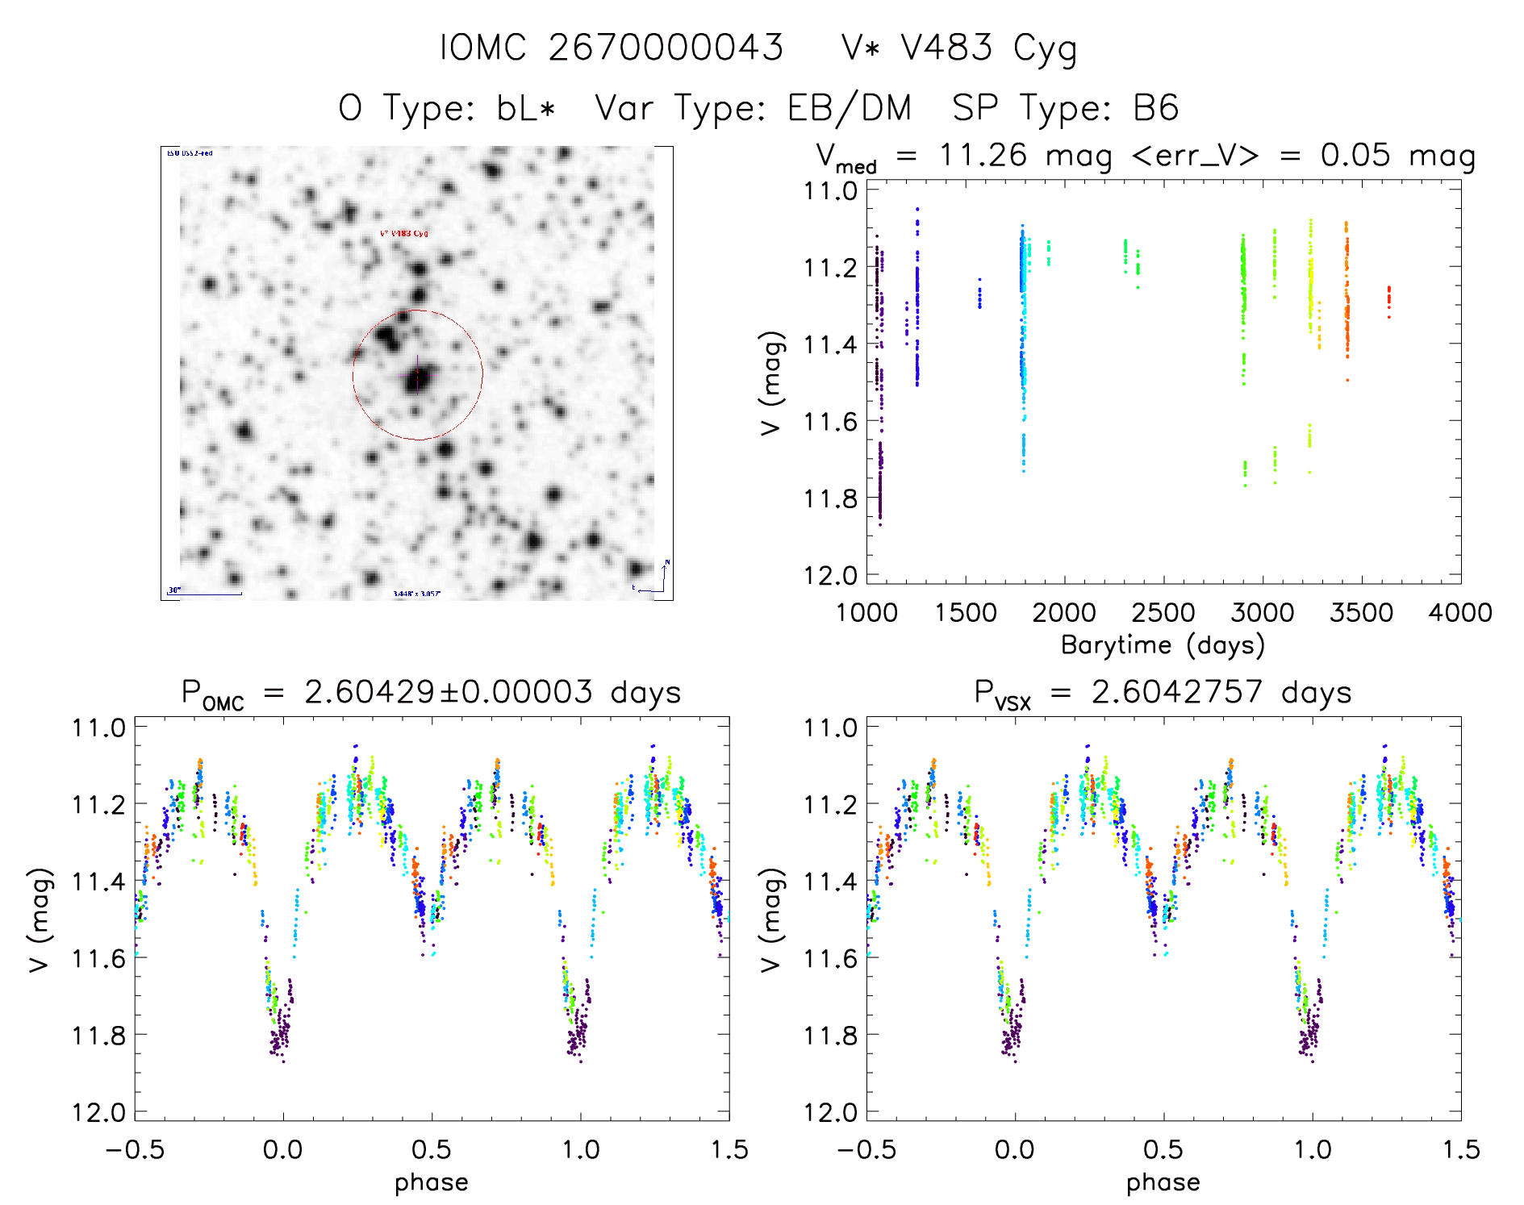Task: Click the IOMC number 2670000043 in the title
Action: [666, 48]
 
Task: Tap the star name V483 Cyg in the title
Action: [988, 48]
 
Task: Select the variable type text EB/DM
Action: [850, 108]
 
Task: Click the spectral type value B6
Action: [1155, 108]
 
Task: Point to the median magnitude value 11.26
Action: [983, 155]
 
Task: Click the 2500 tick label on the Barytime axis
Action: [1163, 612]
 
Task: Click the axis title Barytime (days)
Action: [1163, 645]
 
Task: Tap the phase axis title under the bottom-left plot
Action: [432, 1182]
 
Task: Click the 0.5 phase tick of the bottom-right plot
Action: [1163, 1149]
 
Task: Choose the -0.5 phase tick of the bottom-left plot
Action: [135, 1149]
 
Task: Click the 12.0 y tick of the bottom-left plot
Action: [98, 1112]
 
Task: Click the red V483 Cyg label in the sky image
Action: [404, 234]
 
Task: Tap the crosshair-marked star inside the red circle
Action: [416, 377]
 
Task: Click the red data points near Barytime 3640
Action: [1388, 300]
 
